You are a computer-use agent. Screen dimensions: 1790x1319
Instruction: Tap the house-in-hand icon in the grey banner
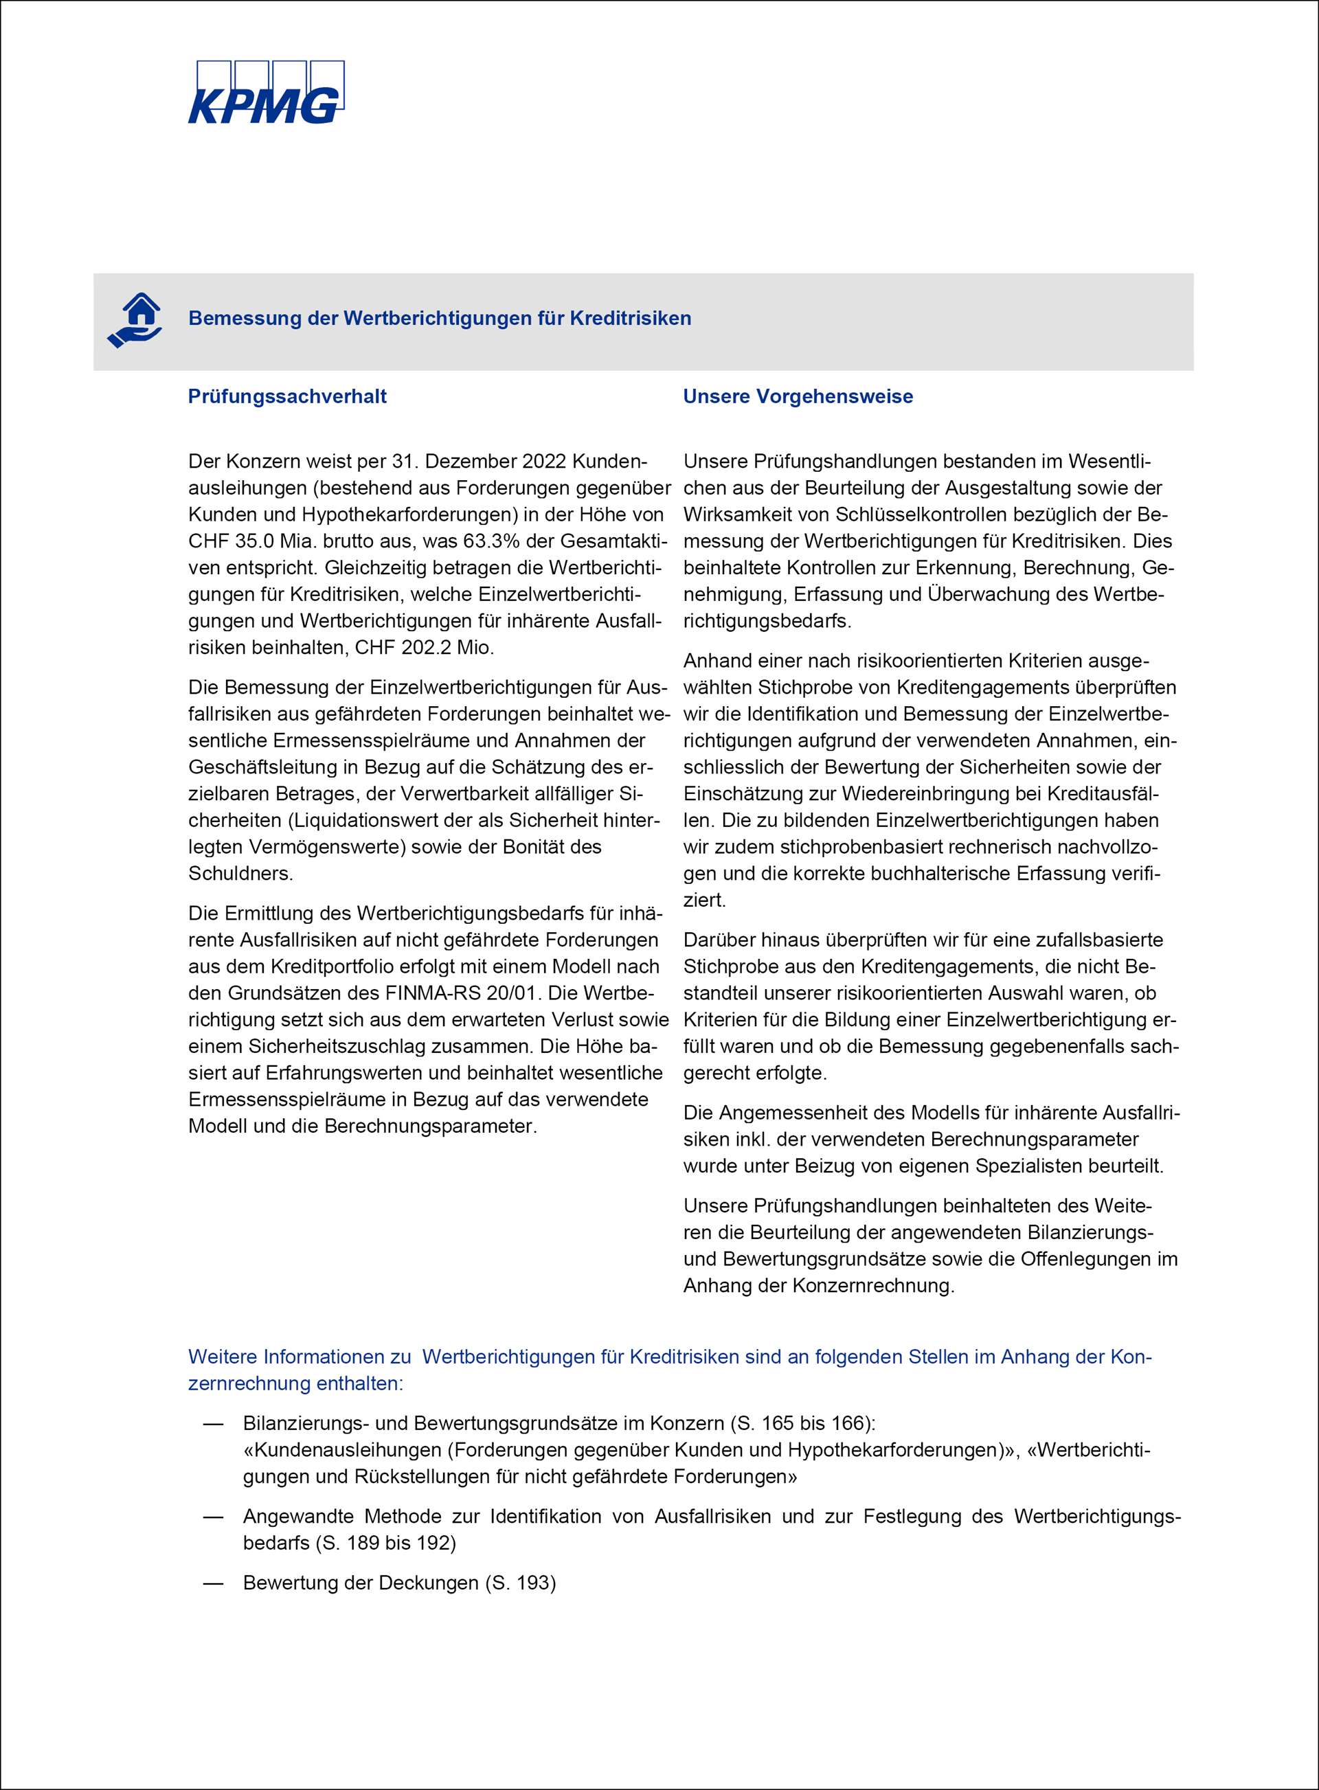tap(135, 320)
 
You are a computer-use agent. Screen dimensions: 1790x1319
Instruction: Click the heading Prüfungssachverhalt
tap(287, 397)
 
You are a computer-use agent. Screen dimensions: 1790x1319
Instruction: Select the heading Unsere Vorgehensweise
tap(798, 397)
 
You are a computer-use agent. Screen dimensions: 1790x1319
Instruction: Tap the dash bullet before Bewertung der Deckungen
tap(213, 1583)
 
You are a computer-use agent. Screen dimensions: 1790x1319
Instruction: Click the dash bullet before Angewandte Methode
tap(213, 1516)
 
